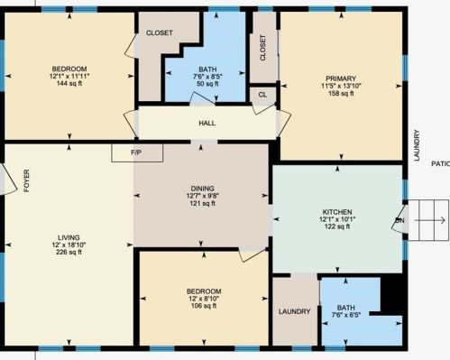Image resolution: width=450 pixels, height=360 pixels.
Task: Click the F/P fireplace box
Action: tap(137, 153)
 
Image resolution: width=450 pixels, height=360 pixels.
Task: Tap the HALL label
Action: tap(207, 124)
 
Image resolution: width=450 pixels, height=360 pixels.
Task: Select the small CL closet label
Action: tap(262, 95)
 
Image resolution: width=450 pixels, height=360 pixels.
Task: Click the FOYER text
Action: tap(27, 180)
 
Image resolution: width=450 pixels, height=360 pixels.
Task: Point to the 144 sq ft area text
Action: tap(69, 84)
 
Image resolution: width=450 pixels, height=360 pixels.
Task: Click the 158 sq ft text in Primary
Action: tap(341, 94)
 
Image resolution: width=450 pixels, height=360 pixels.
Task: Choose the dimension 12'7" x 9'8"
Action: tap(203, 196)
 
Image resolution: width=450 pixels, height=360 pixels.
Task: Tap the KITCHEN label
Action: tap(337, 212)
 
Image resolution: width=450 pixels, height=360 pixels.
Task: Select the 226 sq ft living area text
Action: tap(69, 253)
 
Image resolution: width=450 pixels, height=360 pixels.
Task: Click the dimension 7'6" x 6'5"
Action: tap(346, 315)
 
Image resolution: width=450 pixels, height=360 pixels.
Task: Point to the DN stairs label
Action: tap(399, 220)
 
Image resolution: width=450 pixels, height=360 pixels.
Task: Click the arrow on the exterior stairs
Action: tap(430, 220)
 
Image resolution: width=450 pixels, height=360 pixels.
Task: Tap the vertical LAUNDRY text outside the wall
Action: tap(417, 145)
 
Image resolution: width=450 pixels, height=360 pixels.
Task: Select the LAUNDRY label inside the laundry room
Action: tap(294, 311)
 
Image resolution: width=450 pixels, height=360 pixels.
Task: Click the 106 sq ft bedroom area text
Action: tap(204, 306)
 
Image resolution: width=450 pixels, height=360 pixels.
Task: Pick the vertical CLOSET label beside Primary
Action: tap(262, 48)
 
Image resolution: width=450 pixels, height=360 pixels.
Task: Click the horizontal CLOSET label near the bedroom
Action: tap(160, 32)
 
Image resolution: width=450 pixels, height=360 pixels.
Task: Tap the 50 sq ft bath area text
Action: tap(207, 84)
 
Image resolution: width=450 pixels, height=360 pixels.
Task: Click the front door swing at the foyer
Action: tap(8, 180)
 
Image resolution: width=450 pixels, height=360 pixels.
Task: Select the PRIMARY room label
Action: tap(341, 78)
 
